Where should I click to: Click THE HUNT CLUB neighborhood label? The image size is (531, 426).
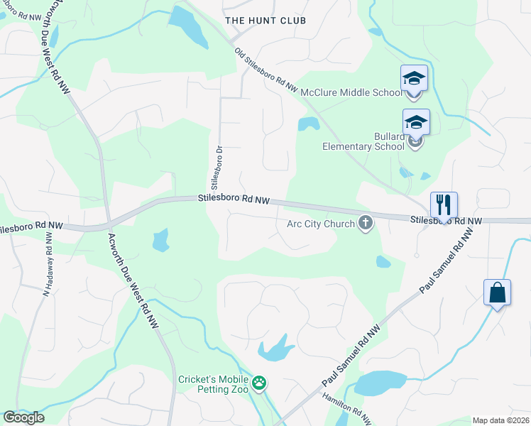pos(265,21)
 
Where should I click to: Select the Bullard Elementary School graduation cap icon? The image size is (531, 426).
pos(416,122)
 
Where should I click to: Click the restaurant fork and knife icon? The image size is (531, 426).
pos(444,204)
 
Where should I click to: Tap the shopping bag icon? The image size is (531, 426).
pos(497,293)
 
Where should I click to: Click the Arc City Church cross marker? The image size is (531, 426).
pos(366,224)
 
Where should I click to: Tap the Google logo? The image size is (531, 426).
pos(23,417)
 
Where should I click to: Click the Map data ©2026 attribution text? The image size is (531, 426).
pos(500,420)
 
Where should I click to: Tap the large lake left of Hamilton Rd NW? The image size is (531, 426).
pos(379,383)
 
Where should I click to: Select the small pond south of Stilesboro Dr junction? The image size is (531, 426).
pos(161,241)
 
